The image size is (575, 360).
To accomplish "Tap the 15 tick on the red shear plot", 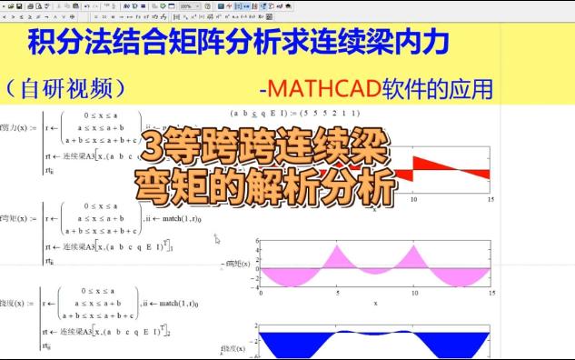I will click(x=491, y=198).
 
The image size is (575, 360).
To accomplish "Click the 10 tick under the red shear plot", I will click(x=413, y=198).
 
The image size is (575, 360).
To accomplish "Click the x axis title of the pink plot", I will click(x=374, y=303).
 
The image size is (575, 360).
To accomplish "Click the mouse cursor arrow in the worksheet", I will click(x=216, y=239).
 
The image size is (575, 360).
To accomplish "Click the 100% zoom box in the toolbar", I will click(x=188, y=6).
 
